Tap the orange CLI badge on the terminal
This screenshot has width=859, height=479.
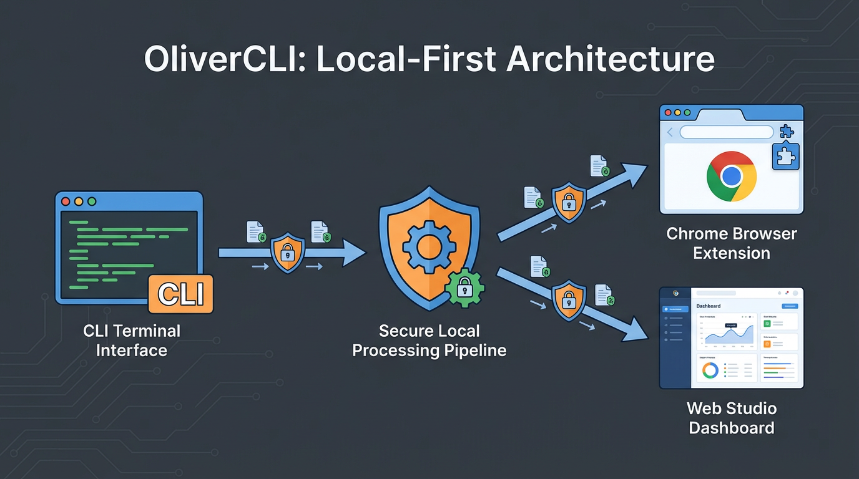tap(181, 294)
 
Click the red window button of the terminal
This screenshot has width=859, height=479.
tap(66, 201)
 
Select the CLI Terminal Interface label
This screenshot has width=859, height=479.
tap(132, 341)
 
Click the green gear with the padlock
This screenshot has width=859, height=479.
tap(464, 288)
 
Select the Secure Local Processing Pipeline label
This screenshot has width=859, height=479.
tap(429, 341)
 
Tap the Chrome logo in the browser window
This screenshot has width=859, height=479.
tap(732, 175)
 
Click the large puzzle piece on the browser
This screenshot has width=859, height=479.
tap(785, 156)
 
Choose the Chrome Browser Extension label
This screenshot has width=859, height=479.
tap(732, 244)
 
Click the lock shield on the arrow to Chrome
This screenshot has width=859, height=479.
tap(569, 201)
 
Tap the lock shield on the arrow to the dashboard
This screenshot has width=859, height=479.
tap(568, 300)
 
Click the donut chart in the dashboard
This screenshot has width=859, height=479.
tap(710, 370)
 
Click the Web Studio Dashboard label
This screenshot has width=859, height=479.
tap(732, 418)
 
